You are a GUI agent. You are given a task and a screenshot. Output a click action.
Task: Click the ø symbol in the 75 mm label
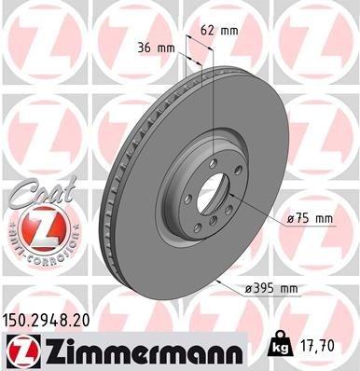291,218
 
